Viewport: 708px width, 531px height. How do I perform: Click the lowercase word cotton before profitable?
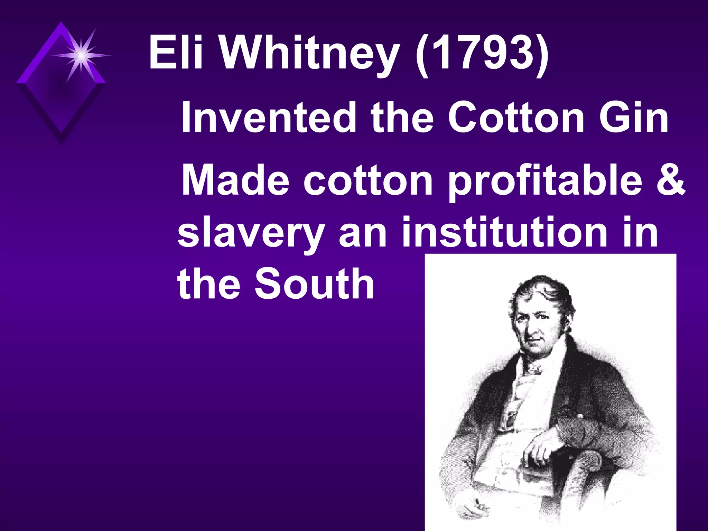click(x=368, y=181)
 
